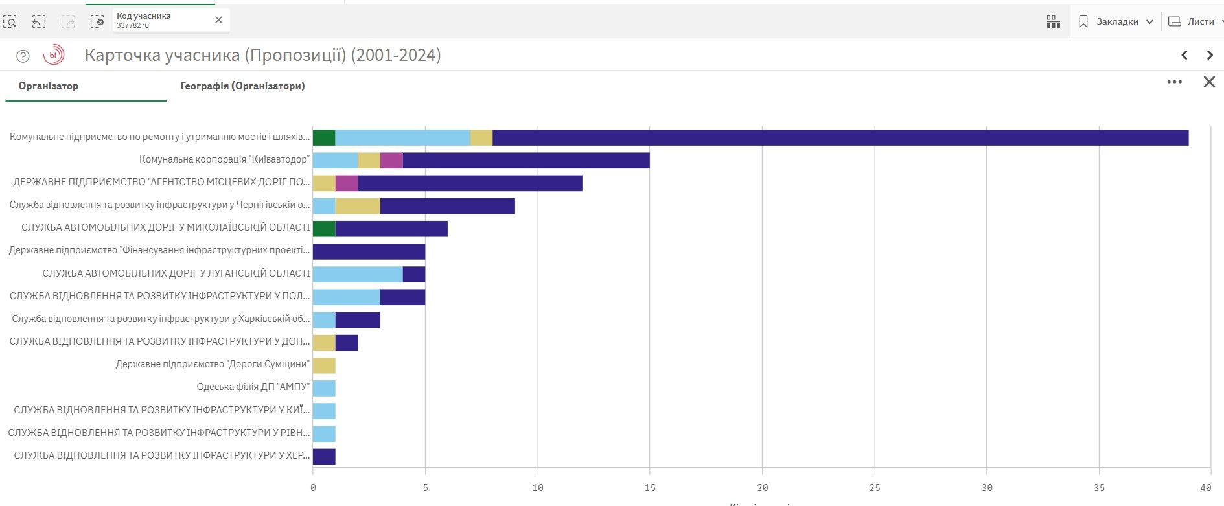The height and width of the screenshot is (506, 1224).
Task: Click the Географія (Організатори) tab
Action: coord(242,86)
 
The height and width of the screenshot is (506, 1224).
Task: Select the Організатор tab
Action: coord(49,86)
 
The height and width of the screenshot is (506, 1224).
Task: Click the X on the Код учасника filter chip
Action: coord(218,20)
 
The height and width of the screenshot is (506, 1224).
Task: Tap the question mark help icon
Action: coord(23,56)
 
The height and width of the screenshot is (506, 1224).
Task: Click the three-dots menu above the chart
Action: coord(1174,82)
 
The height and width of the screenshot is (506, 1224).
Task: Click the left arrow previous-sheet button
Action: coord(1184,55)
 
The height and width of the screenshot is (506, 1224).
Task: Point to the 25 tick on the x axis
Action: coord(875,488)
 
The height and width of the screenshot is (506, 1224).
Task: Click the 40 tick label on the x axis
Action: coord(1205,488)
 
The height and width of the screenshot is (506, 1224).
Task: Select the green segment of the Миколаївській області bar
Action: coord(324,229)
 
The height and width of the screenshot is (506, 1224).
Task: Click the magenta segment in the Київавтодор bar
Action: coord(391,160)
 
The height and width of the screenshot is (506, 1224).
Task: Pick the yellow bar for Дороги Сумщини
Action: coord(324,365)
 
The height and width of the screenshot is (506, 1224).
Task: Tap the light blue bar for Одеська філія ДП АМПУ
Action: coord(324,388)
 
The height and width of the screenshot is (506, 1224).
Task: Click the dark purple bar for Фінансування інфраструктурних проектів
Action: coord(369,251)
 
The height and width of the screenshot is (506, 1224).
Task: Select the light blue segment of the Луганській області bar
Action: coord(358,274)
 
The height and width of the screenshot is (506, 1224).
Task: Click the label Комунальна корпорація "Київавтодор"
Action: coord(224,159)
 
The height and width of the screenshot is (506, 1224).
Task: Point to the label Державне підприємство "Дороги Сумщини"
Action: coord(213,364)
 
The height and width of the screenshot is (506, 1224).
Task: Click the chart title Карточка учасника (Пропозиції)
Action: coord(262,55)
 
